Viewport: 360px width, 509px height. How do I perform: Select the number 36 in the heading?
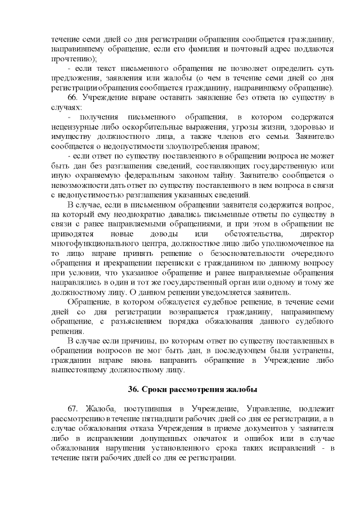[133, 390]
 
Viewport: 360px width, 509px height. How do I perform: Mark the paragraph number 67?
[73, 409]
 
